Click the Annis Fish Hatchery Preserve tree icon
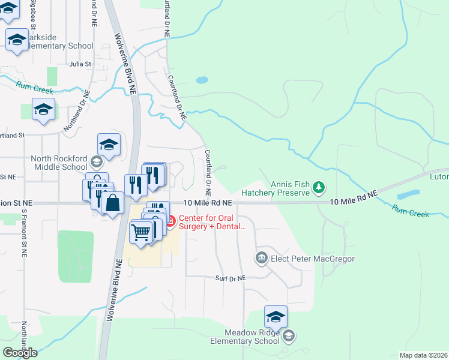(319, 188)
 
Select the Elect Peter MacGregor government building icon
(262, 259)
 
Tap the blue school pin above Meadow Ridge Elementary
(276, 317)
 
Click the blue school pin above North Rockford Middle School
(109, 145)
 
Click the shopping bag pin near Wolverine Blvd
(112, 203)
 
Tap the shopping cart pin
(140, 231)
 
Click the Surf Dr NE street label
(231, 278)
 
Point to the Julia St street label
(80, 64)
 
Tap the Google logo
(20, 352)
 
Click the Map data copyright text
(423, 355)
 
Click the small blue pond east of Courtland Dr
(202, 79)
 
